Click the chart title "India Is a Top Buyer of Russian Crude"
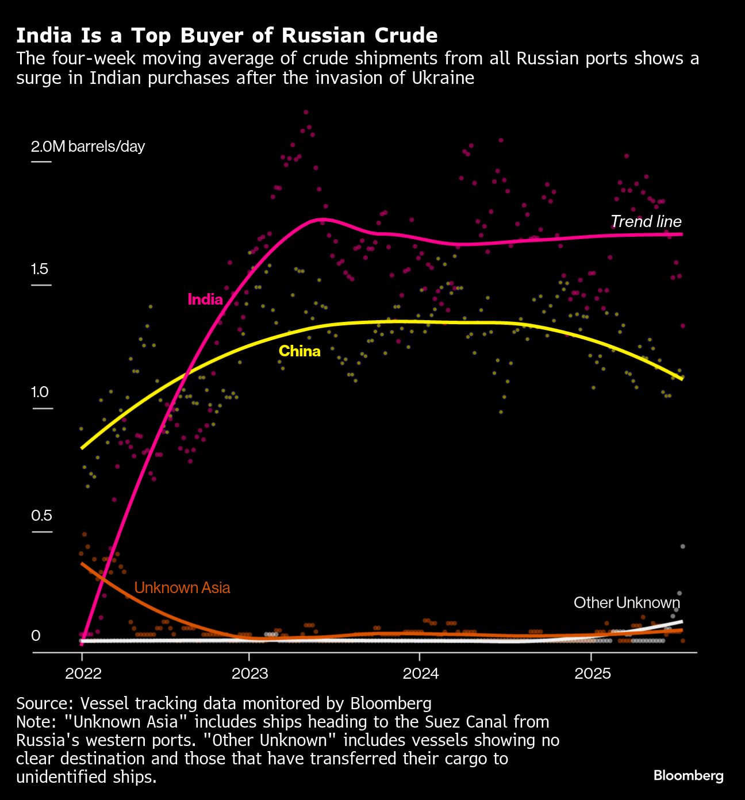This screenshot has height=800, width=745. [x=226, y=36]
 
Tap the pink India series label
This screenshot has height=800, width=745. [x=205, y=299]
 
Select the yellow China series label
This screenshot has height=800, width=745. [x=299, y=351]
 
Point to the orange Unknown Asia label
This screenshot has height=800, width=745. [x=182, y=588]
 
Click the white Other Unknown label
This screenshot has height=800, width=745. [x=627, y=603]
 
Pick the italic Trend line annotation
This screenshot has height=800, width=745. [x=646, y=221]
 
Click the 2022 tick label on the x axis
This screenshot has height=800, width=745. [x=83, y=674]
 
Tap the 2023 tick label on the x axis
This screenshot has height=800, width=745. [x=249, y=674]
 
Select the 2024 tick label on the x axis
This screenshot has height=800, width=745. [x=420, y=674]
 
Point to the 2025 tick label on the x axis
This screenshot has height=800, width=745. [x=592, y=674]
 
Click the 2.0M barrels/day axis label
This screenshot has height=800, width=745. [x=88, y=147]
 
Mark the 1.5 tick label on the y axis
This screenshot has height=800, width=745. [x=40, y=269]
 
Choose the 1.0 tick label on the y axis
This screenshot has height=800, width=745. [x=40, y=393]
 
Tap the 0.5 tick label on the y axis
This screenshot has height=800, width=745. [x=41, y=516]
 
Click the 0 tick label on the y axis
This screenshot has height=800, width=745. [x=36, y=636]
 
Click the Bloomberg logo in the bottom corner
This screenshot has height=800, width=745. [x=688, y=776]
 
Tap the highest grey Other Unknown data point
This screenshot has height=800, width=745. [x=682, y=547]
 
